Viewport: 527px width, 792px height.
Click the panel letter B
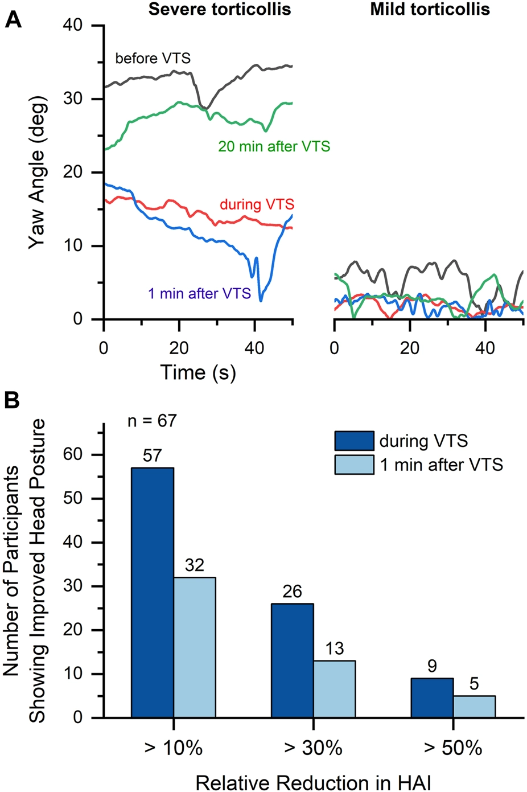(12, 400)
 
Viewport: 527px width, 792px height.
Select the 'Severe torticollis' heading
(220, 9)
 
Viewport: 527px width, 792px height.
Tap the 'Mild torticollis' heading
(430, 9)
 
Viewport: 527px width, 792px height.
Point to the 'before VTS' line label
(153, 58)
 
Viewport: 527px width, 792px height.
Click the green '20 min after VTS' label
(274, 146)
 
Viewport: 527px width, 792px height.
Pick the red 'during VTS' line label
(257, 204)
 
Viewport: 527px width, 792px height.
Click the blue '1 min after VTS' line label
(199, 294)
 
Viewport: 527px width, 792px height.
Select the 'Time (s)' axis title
(197, 372)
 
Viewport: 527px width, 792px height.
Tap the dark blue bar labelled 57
(153, 592)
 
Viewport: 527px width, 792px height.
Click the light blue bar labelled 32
(195, 647)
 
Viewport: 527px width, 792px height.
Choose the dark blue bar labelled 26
(292, 660)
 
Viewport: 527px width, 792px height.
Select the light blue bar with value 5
(474, 706)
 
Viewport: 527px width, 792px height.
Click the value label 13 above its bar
(334, 649)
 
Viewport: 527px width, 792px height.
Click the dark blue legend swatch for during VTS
(354, 441)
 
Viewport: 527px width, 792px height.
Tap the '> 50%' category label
(453, 748)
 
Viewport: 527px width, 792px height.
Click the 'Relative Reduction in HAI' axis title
(313, 783)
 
